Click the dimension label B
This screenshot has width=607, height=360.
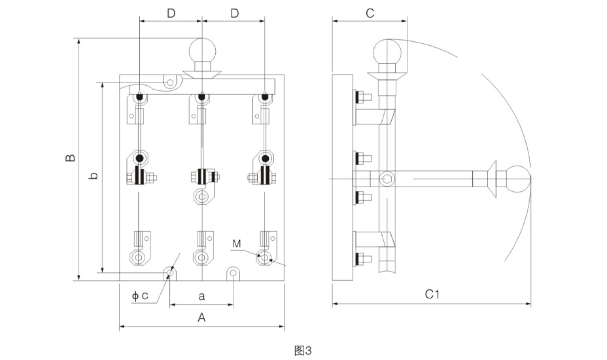point(71,158)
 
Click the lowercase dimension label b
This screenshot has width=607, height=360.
point(94,176)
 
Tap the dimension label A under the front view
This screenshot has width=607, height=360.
point(201,317)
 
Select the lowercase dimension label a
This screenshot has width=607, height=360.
point(201,296)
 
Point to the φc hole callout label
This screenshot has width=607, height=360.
point(140,296)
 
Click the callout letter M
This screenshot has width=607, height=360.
point(236,244)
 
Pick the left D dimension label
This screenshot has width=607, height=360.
point(171,13)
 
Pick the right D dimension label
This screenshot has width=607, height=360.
point(234,13)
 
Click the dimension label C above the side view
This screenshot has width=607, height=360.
point(370,13)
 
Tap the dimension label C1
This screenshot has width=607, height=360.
point(432,295)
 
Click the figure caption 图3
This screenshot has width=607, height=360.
point(303,350)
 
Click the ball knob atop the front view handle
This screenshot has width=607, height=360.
point(202,51)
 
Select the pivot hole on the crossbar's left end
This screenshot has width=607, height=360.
point(170,82)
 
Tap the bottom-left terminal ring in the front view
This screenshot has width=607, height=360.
point(139,257)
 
